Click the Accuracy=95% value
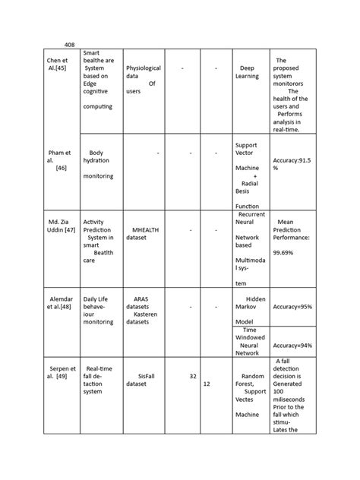(292, 307)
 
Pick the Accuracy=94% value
(292, 345)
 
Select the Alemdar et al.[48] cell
(60, 304)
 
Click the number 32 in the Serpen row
(193, 376)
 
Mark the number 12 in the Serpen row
(207, 384)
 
